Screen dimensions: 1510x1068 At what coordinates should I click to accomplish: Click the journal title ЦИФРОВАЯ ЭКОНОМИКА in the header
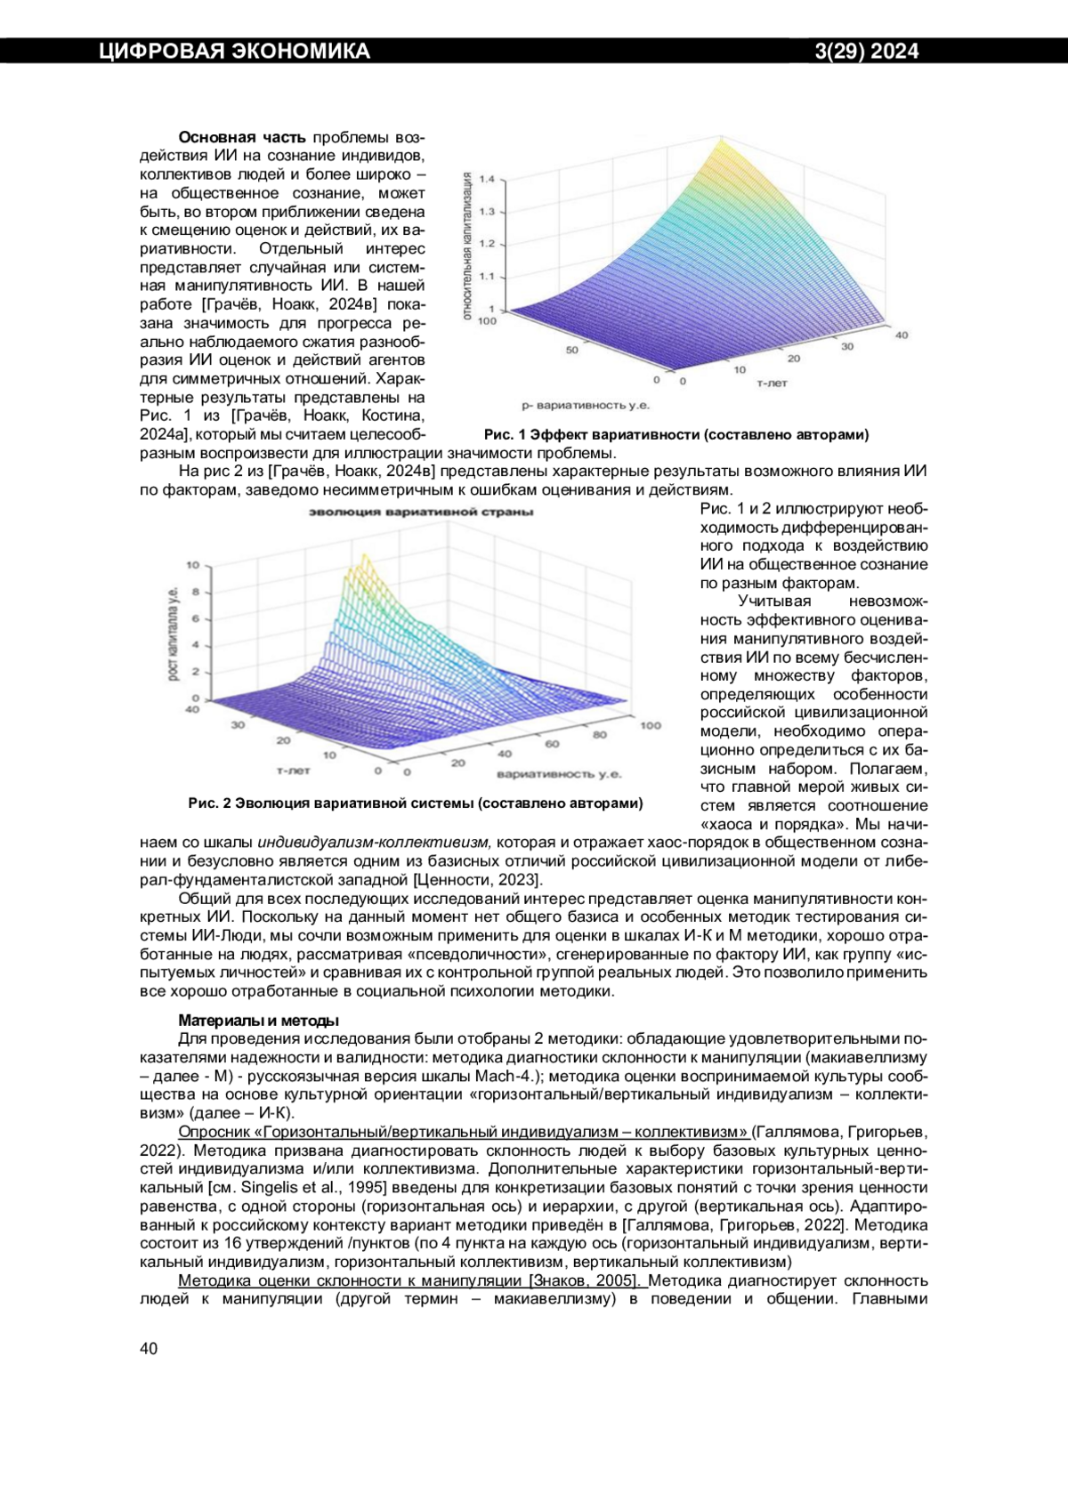click(234, 52)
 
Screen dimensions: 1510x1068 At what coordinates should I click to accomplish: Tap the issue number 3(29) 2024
click(867, 52)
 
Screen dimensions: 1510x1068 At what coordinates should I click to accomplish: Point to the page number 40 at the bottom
click(149, 1348)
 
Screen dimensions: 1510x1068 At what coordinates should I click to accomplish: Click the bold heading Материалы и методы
click(258, 1021)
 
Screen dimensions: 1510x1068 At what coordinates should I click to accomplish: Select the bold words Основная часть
click(242, 137)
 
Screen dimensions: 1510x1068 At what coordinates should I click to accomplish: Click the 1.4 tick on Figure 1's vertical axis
click(487, 179)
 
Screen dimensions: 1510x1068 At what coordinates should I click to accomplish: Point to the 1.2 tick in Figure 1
click(487, 244)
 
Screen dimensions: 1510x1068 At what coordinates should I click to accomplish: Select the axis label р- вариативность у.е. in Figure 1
click(585, 406)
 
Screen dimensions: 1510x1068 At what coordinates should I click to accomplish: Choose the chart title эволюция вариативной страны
click(421, 512)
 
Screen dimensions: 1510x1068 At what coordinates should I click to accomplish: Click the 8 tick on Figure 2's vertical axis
click(195, 592)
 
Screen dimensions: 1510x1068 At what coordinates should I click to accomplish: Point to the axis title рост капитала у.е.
click(173, 633)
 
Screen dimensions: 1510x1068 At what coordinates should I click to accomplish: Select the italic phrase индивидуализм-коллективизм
click(374, 843)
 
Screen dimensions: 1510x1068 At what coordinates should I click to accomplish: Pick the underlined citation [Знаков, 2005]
click(585, 1280)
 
